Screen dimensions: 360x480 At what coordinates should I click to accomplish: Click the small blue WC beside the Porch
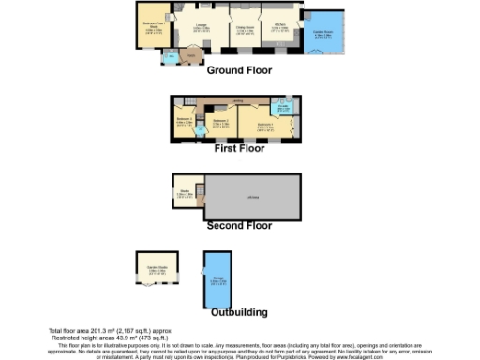point(170,59)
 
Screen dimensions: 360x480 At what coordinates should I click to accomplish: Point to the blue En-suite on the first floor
point(282,109)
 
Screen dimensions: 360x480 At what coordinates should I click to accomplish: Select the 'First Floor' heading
point(239,148)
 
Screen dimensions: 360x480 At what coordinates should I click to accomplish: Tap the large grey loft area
point(252,196)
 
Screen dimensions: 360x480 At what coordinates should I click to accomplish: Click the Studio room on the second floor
point(186,194)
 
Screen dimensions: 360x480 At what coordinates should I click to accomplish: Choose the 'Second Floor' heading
point(239,226)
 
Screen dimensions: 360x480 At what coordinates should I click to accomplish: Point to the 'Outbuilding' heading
point(239,312)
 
